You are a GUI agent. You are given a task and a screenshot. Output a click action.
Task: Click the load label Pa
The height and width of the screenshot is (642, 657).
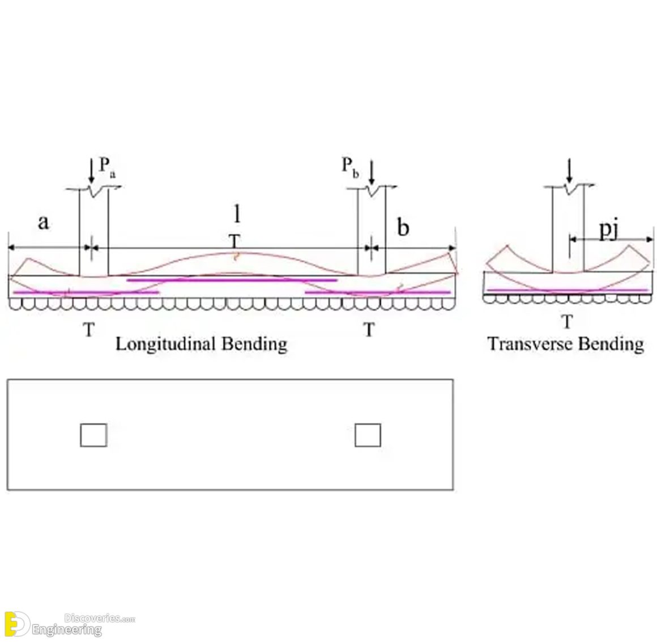click(108, 167)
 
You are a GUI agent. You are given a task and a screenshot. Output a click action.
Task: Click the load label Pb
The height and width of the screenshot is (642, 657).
click(349, 167)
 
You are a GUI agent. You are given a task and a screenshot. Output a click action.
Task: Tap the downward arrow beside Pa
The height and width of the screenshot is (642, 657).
click(91, 171)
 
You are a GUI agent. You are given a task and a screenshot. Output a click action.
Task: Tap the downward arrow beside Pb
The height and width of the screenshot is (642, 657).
click(371, 171)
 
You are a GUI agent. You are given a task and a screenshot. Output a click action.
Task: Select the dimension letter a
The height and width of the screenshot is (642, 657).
click(43, 223)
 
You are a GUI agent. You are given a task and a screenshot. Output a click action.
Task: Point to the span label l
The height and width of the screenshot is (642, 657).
click(237, 214)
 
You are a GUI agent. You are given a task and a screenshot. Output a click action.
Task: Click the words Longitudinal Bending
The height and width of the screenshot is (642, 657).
click(201, 344)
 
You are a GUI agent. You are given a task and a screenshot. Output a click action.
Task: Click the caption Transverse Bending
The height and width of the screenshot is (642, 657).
click(565, 344)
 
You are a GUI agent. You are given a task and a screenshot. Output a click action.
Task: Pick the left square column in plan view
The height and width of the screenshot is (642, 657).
click(93, 435)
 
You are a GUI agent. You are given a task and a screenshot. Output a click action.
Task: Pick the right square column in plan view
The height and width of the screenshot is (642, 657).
click(368, 435)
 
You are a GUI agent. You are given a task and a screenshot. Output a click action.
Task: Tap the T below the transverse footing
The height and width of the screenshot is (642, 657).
click(567, 322)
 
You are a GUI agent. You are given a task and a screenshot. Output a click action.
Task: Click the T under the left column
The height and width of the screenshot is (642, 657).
click(88, 329)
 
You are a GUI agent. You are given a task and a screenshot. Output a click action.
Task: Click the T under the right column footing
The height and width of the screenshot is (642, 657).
click(369, 329)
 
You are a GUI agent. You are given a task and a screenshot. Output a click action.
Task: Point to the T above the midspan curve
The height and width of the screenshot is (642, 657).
click(234, 241)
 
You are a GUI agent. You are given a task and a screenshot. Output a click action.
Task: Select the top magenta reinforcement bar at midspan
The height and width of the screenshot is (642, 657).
click(232, 280)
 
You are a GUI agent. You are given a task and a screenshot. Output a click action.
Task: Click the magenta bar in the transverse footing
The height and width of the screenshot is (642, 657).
click(567, 290)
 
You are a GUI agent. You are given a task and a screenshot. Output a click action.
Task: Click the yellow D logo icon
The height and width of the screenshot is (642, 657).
click(15, 624)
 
